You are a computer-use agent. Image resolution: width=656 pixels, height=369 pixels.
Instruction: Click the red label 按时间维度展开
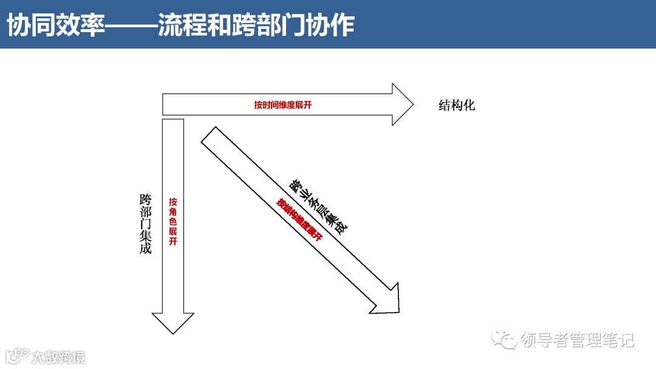tap(283, 105)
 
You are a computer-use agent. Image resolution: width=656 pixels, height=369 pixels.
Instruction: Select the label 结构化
tap(457, 105)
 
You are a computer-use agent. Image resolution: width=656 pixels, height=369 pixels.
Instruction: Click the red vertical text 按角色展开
tap(173, 222)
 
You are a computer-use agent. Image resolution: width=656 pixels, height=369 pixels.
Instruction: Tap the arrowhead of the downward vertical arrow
tap(173, 322)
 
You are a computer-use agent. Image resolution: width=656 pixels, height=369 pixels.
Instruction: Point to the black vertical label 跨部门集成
tap(146, 223)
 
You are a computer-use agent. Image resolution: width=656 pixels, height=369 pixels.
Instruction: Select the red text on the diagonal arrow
tap(299, 220)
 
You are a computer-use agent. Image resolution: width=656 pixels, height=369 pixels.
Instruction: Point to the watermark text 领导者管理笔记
tap(577, 340)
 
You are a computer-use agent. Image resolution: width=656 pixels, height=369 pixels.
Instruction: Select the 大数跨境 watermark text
tap(58, 357)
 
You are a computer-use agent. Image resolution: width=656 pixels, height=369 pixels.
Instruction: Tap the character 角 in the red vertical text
tap(173, 211)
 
